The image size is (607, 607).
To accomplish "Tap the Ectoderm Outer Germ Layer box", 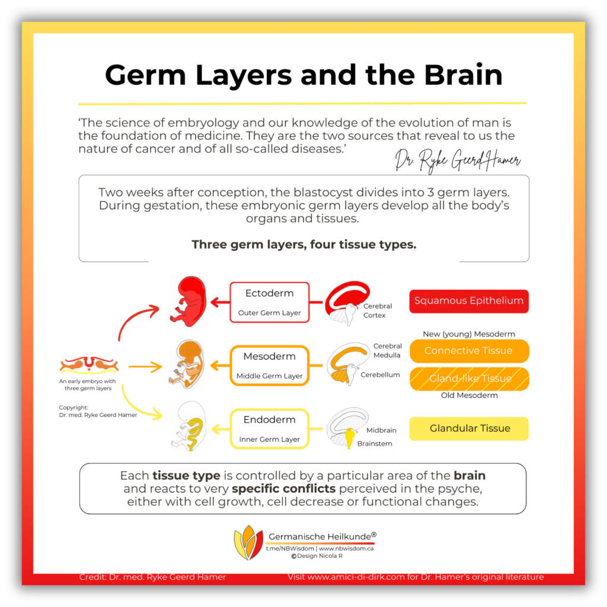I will pos(269,302).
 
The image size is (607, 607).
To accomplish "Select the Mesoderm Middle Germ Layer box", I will pos(269,366).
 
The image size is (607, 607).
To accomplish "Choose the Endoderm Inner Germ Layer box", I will pos(269,429).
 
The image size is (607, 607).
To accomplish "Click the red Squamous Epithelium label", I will pos(469,301).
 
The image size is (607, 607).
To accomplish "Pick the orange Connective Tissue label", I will pos(469,351).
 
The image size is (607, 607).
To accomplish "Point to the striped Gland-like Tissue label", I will pos(469,379).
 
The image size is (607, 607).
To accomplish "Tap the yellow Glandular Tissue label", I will pos(469,429).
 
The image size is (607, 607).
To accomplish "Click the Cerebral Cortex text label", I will pos(378,311).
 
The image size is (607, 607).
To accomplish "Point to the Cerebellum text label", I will pos(380,375).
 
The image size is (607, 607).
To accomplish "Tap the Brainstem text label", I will pos(375,443).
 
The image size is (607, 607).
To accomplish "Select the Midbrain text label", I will pos(381,430).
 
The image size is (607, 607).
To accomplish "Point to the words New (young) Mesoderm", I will pos(468,334).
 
